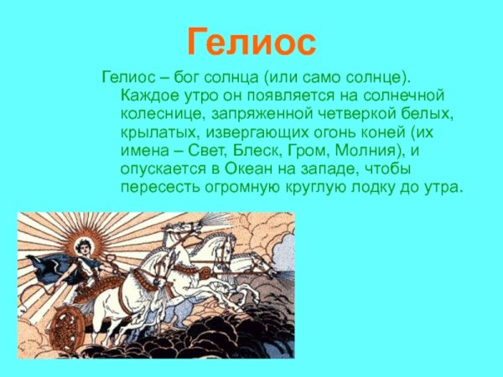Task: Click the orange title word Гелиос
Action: point(251,40)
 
